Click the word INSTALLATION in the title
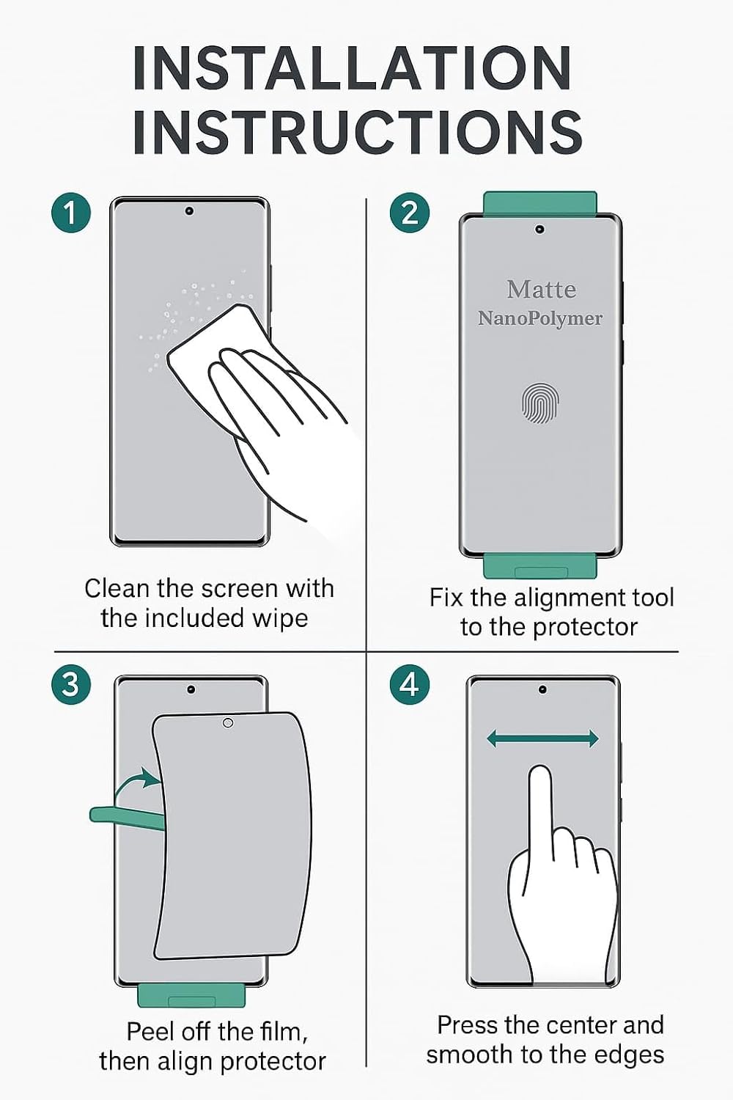click(x=353, y=68)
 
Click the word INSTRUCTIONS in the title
click(x=357, y=133)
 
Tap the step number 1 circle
click(x=71, y=213)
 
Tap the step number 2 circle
click(x=410, y=213)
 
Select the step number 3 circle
click(x=71, y=685)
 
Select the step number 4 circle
click(x=410, y=685)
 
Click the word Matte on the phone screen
click(x=541, y=290)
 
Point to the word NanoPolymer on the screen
click(x=540, y=318)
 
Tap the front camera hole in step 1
click(x=189, y=211)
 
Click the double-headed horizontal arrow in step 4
click(x=542, y=739)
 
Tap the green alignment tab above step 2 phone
click(x=540, y=203)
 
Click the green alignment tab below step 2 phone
click(x=540, y=567)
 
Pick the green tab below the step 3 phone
click(x=191, y=996)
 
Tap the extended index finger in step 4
click(x=540, y=799)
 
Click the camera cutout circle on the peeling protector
click(x=228, y=723)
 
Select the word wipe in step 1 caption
click(x=280, y=618)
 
